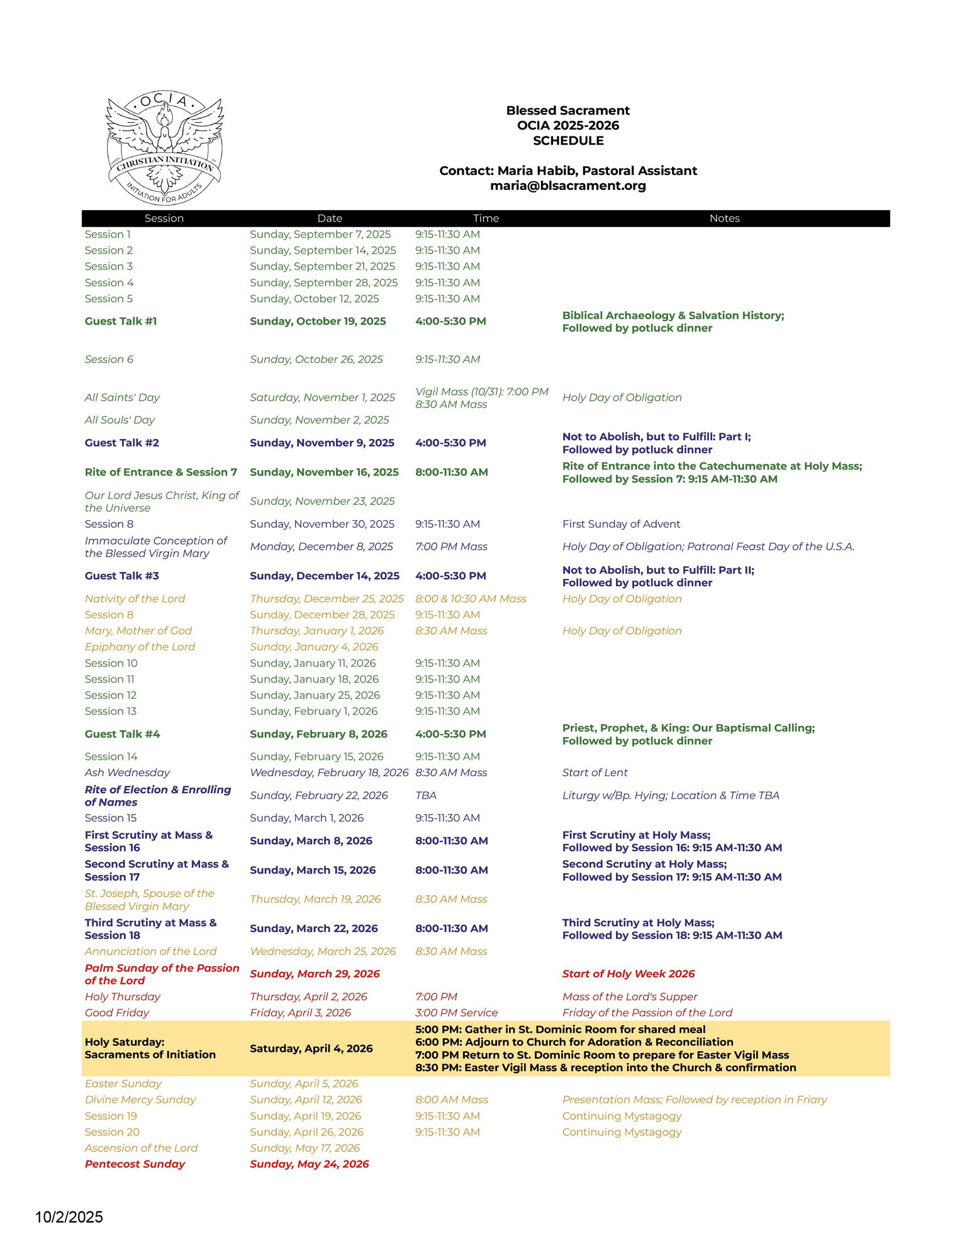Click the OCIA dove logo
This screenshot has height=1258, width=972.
164,147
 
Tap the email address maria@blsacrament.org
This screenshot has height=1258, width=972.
567,186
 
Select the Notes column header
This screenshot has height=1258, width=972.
724,218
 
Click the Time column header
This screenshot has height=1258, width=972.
486,218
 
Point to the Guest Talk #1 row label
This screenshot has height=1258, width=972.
121,321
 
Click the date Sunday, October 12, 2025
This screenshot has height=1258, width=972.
314,299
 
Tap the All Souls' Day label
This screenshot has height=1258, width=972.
120,420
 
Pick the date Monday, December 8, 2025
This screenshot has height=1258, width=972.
321,547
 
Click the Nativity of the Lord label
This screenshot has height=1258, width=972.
135,599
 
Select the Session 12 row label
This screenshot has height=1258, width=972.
111,695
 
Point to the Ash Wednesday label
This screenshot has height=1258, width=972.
127,772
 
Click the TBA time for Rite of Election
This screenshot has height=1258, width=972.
426,795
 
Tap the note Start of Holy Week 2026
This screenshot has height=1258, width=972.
628,974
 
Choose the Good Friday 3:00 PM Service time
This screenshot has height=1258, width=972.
456,1013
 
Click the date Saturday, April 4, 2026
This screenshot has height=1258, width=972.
311,1049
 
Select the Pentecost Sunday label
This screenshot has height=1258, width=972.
135,1164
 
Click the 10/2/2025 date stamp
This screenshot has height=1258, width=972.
69,1217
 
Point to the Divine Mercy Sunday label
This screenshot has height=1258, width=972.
140,1099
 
